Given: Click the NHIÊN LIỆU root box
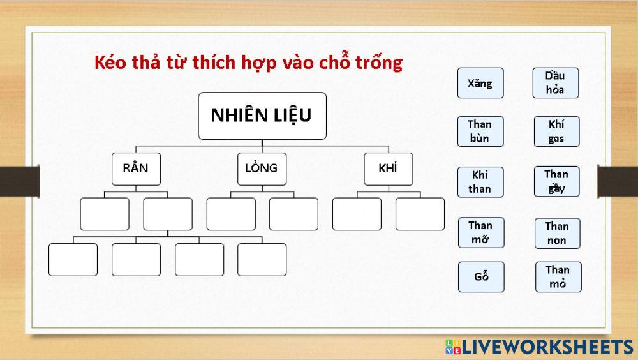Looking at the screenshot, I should (262, 116).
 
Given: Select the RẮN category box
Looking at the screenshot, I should (136, 169).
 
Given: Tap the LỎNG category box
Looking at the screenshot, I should (262, 169).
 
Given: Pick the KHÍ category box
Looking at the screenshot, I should (388, 169).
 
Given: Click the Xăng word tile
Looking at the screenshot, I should (480, 83).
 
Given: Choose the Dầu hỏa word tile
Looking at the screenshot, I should (555, 83).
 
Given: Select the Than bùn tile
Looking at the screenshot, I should (480, 131).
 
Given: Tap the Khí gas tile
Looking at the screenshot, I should (556, 131).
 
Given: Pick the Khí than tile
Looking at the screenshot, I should (480, 182).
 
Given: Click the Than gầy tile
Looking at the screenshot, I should (556, 182).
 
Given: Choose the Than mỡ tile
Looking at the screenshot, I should (480, 233).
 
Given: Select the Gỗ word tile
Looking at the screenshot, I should (481, 277).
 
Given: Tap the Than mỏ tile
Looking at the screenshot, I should (558, 277).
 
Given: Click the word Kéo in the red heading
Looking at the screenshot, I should (108, 63).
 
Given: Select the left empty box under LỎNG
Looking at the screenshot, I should (230, 214).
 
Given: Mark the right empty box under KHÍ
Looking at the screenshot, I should (420, 214).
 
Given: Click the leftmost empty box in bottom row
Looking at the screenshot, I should (73, 260).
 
